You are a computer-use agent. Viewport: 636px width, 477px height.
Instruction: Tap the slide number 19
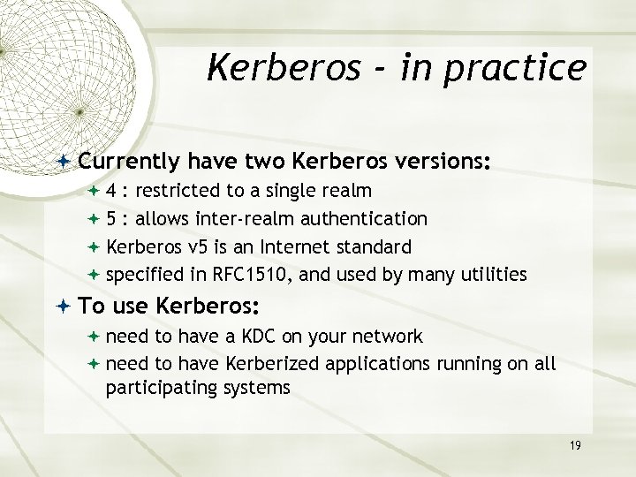click(x=575, y=446)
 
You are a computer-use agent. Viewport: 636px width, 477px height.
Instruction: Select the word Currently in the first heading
click(x=129, y=163)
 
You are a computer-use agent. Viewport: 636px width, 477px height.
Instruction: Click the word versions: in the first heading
click(x=439, y=163)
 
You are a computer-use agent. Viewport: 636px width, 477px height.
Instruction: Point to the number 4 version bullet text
click(x=112, y=191)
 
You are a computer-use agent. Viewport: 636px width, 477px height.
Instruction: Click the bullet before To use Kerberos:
click(x=67, y=307)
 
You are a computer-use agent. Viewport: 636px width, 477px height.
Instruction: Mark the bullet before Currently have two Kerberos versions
click(x=67, y=163)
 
